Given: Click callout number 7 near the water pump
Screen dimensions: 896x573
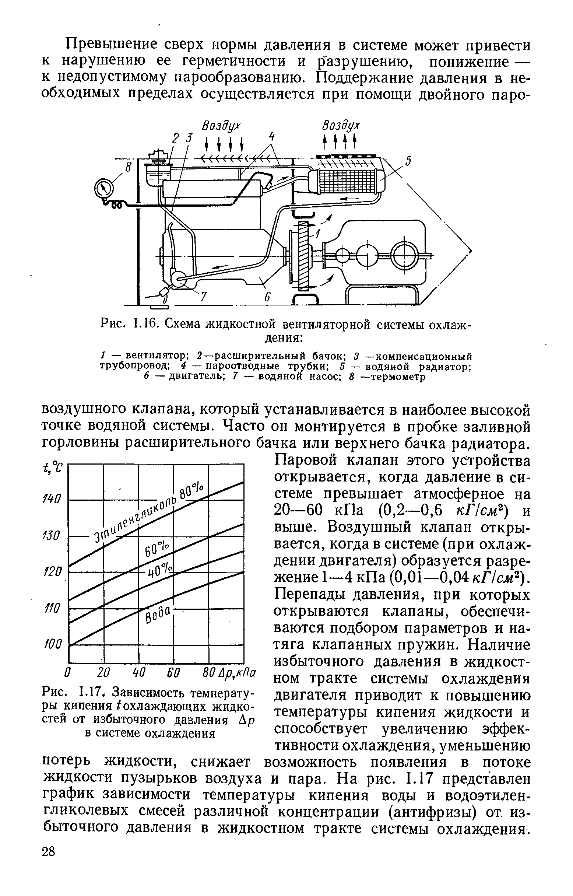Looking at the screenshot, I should click(204, 297).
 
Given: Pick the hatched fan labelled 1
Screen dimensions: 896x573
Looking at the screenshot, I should click(303, 255).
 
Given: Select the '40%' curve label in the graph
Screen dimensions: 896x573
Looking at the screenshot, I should click(161, 571).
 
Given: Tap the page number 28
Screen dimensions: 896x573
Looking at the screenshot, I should click(48, 872).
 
